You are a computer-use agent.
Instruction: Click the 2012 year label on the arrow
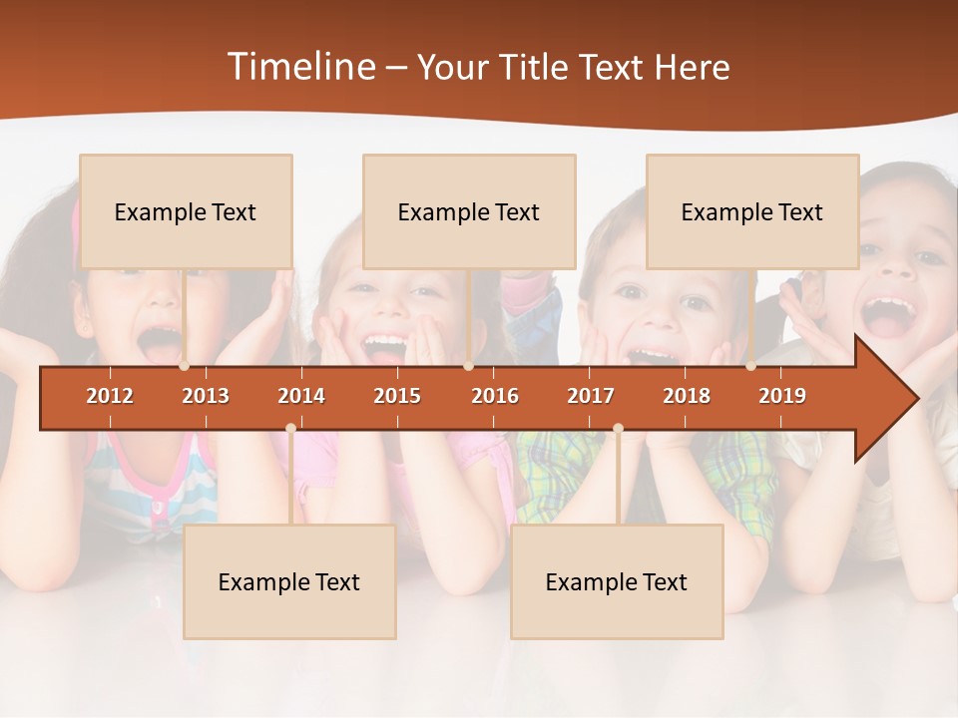click(x=110, y=396)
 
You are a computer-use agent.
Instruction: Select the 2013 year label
click(x=206, y=396)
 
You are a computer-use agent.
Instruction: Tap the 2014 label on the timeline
click(x=301, y=396)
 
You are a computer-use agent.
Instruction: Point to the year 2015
click(x=397, y=396)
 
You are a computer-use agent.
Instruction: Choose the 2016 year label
click(x=495, y=396)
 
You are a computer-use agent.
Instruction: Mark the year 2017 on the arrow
click(x=591, y=396)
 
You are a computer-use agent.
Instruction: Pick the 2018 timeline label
click(x=687, y=396)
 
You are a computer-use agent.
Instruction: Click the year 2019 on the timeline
click(x=782, y=396)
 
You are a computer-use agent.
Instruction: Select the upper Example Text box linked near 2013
click(x=186, y=211)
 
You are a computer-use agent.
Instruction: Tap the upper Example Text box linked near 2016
click(x=469, y=211)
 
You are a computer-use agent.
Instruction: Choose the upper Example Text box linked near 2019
click(x=752, y=211)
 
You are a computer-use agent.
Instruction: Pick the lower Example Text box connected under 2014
click(x=289, y=581)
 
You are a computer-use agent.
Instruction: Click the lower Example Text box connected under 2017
click(x=617, y=581)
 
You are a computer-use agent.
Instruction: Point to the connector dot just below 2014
click(x=290, y=428)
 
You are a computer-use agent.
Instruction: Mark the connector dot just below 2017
click(x=618, y=428)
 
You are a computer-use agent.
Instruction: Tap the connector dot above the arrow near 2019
click(x=750, y=366)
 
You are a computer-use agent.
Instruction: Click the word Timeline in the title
click(x=299, y=67)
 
